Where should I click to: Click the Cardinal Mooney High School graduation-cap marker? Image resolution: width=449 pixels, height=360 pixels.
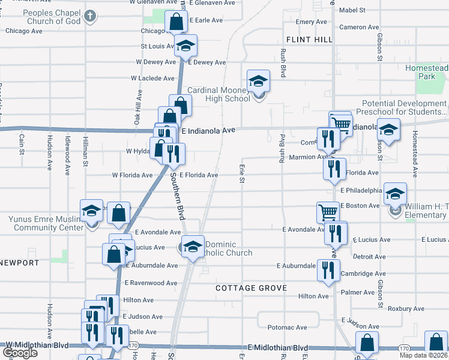[259, 82]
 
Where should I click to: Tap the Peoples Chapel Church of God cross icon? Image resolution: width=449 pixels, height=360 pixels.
[89, 16]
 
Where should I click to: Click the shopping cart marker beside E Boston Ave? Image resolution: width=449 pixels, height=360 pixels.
[328, 212]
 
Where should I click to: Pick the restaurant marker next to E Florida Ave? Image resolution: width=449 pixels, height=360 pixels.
[334, 169]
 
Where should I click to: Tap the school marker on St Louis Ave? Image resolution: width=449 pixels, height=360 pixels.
[186, 46]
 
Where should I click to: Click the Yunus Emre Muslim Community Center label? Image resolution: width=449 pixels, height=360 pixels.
[46, 223]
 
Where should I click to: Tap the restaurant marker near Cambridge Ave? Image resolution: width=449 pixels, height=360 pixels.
[328, 270]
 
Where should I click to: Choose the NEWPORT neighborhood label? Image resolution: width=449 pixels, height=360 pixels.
[19, 263]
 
